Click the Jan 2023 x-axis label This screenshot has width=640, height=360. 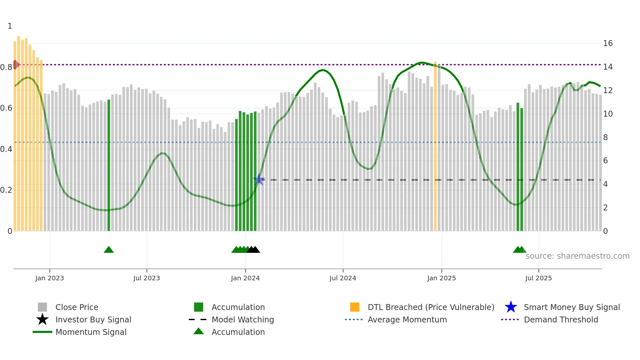[x=50, y=278]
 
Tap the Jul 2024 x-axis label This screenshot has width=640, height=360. [x=343, y=278]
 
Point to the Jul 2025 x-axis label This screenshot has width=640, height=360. [x=538, y=278]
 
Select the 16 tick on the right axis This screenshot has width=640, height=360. [x=608, y=43]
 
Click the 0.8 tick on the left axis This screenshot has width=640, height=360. [x=7, y=67]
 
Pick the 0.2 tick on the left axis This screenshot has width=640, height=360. [x=7, y=190]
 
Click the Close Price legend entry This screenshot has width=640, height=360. [x=77, y=307]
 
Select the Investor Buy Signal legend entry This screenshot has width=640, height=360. [x=93, y=319]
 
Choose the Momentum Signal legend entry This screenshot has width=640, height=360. [x=91, y=332]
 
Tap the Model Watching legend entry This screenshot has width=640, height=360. [x=243, y=319]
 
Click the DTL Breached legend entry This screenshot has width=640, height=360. [x=431, y=307]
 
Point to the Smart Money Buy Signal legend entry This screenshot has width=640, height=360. [x=571, y=307]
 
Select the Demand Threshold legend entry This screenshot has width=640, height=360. [x=561, y=319]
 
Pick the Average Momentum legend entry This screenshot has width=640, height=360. [x=407, y=319]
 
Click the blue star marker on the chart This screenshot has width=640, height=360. [x=259, y=179]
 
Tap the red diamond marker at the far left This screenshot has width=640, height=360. [x=15, y=65]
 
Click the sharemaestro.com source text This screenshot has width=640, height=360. [x=577, y=256]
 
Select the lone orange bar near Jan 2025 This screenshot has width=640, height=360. [x=435, y=147]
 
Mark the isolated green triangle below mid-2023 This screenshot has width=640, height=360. [x=109, y=250]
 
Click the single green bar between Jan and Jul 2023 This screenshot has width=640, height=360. [x=109, y=165]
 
